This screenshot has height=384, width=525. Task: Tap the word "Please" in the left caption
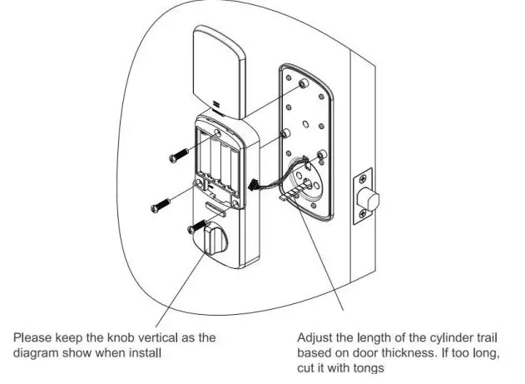(x=31, y=337)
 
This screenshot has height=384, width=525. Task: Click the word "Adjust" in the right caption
(x=315, y=337)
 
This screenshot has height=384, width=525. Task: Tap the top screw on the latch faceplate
(x=364, y=179)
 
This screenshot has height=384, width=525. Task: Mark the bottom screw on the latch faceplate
(x=364, y=221)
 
